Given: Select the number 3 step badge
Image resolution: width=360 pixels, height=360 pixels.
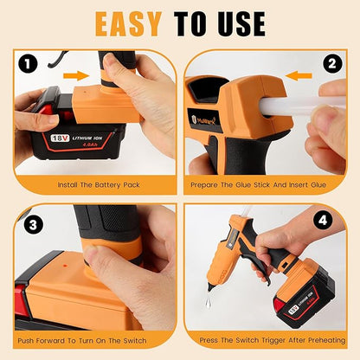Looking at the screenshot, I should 30,224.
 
